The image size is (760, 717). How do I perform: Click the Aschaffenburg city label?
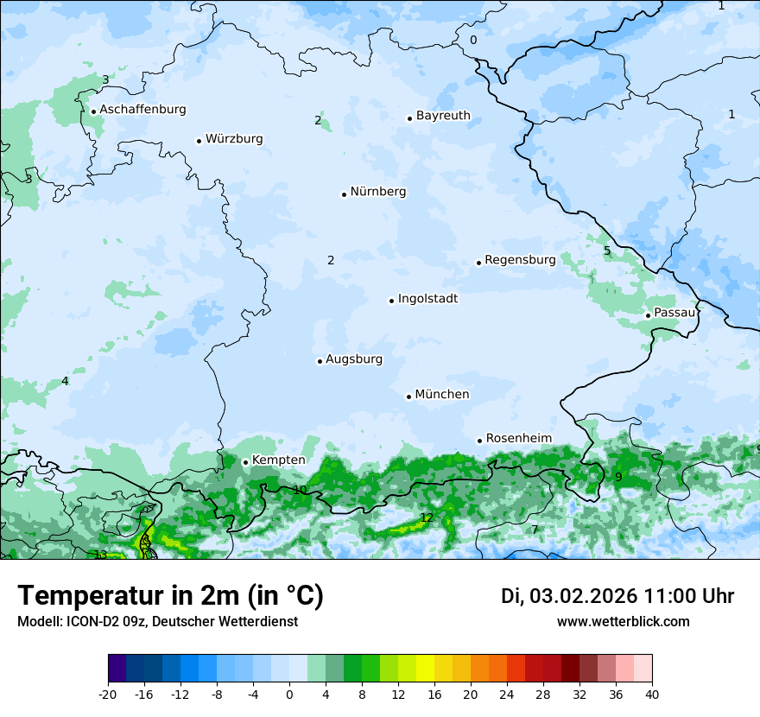coord(142,110)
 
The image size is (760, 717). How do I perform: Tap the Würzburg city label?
coord(234,139)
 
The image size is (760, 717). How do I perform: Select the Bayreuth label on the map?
coord(443,116)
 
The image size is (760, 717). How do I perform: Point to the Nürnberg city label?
coord(377,192)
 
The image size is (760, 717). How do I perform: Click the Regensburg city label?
coord(520,260)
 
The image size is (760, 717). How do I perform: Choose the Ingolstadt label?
coord(427,299)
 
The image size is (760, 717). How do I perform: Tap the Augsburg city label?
coord(353,359)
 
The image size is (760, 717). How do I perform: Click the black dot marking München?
coord(408,397)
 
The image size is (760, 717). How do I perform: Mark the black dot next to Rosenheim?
coord(479,441)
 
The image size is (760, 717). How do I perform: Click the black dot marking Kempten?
coord(245,462)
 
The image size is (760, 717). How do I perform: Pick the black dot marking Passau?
coord(648,315)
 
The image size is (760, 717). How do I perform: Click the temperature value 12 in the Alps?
coord(427,518)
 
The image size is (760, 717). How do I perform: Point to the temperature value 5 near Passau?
coord(607,251)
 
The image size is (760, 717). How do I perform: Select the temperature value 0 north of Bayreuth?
coord(472,41)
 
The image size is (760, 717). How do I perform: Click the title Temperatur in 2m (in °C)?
coord(170,595)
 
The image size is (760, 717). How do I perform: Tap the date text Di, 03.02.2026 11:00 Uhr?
coord(617,596)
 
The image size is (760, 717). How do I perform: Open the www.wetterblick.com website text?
coord(623,621)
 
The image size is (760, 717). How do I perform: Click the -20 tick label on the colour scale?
coord(108,695)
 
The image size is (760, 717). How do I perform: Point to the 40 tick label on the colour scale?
coord(652,695)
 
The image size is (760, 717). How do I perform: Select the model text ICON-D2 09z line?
coord(157,621)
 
